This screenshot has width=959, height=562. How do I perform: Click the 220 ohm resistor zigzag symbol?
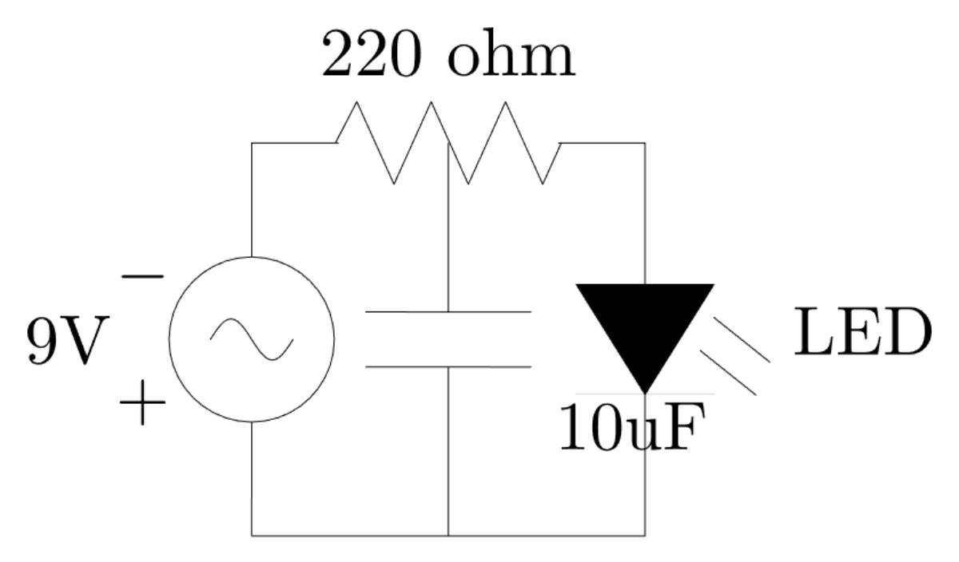click(448, 143)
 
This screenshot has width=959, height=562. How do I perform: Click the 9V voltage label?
click(66, 342)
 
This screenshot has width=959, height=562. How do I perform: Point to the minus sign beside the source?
click(143, 276)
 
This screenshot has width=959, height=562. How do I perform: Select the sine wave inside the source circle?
click(252, 338)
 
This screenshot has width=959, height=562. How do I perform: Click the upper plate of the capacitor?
click(448, 311)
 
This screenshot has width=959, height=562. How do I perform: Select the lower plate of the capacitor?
click(448, 367)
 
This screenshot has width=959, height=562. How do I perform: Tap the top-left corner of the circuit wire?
click(252, 143)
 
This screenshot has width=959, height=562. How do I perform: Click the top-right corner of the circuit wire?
click(645, 143)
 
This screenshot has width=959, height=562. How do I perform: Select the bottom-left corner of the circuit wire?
click(252, 536)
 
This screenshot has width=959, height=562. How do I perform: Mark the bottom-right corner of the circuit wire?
click(645, 536)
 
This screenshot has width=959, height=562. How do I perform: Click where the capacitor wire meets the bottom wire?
click(448, 536)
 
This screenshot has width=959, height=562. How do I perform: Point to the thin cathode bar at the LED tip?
click(645, 394)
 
